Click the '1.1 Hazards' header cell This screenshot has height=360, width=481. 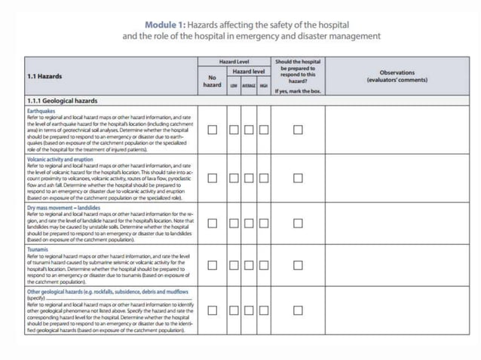45,76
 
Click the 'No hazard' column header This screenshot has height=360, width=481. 213,81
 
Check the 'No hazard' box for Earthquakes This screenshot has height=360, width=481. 213,130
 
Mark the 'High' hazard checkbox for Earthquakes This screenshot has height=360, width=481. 263,130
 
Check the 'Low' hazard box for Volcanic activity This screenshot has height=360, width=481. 234,178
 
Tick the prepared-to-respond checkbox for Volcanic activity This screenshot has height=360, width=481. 298,178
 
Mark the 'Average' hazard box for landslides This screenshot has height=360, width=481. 249,223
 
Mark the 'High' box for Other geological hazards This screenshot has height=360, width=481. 263,310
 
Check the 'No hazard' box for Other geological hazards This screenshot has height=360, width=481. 213,310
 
